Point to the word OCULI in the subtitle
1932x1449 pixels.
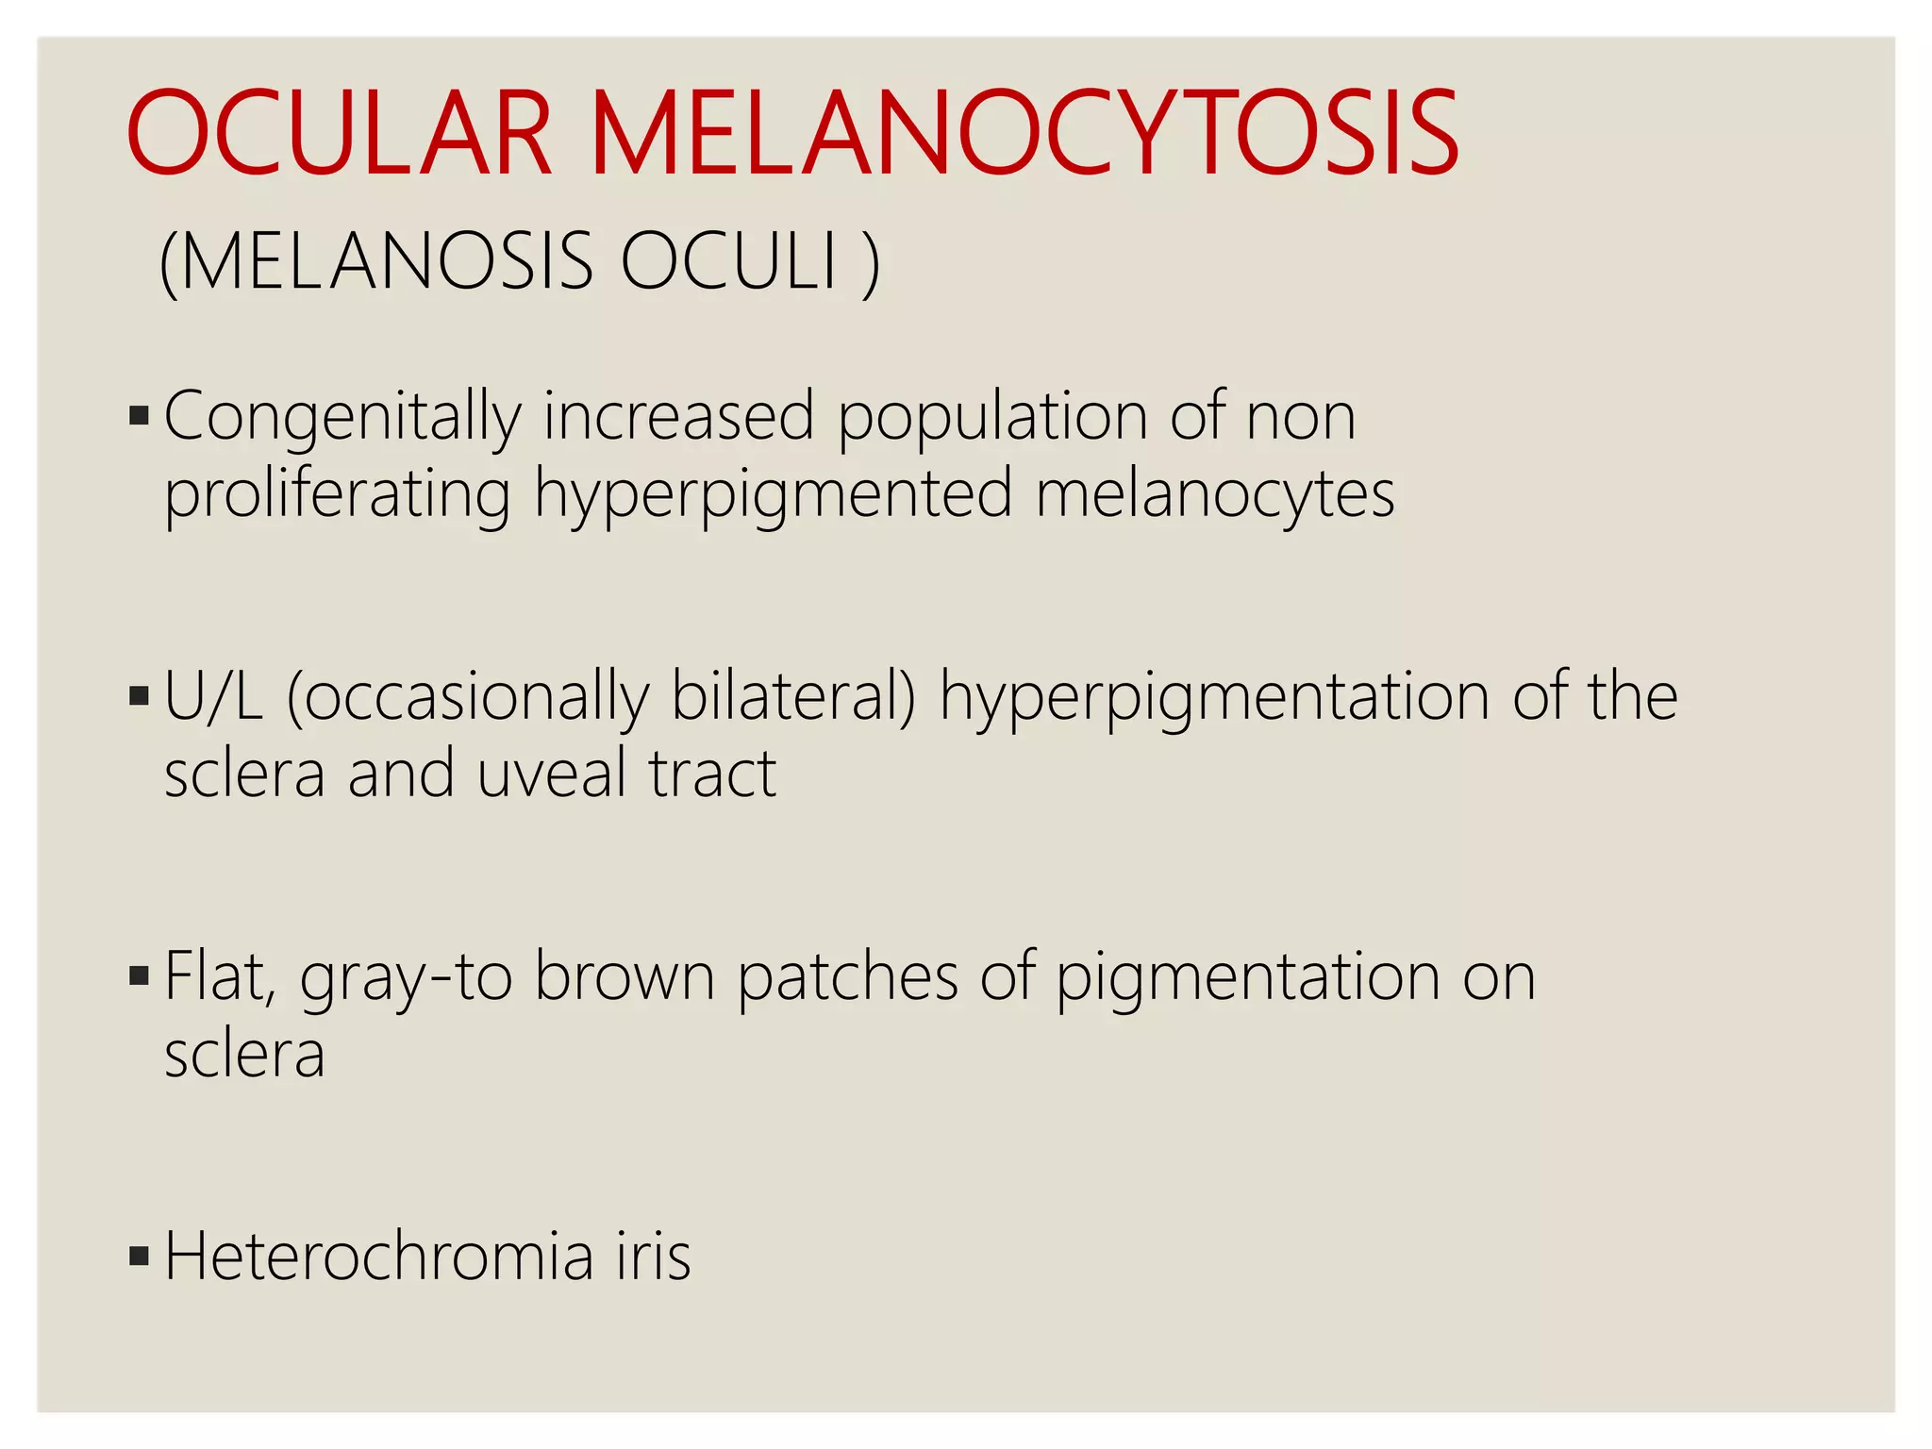729,261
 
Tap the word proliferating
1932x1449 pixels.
337,496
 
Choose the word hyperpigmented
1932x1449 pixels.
774,496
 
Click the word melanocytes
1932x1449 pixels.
1215,494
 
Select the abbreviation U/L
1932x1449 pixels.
213,697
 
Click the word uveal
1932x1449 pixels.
548,774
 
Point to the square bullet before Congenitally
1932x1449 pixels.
140,416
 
